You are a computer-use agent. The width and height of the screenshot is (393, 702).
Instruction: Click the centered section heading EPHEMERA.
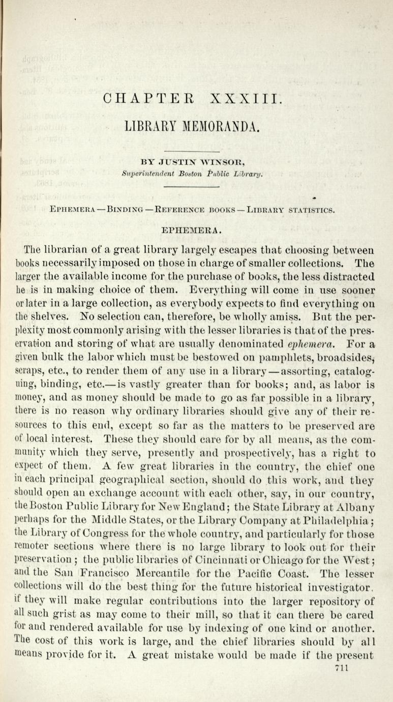[191, 230]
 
